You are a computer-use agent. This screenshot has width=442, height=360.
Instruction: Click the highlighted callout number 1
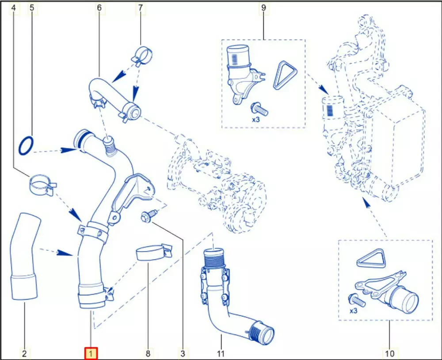91,353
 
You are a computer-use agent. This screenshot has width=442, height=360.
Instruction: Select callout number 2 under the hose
24,353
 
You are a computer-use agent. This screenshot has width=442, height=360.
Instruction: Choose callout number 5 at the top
31,8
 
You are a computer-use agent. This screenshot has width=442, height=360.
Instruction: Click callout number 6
99,8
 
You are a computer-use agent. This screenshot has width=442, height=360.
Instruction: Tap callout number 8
148,353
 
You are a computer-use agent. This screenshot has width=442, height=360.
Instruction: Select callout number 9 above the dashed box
263,8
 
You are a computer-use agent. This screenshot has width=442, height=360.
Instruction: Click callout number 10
389,353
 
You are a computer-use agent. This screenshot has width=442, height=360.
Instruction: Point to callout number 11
221,353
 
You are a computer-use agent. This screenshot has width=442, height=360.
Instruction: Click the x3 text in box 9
256,119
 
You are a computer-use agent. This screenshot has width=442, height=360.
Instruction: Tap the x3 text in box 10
353,311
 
